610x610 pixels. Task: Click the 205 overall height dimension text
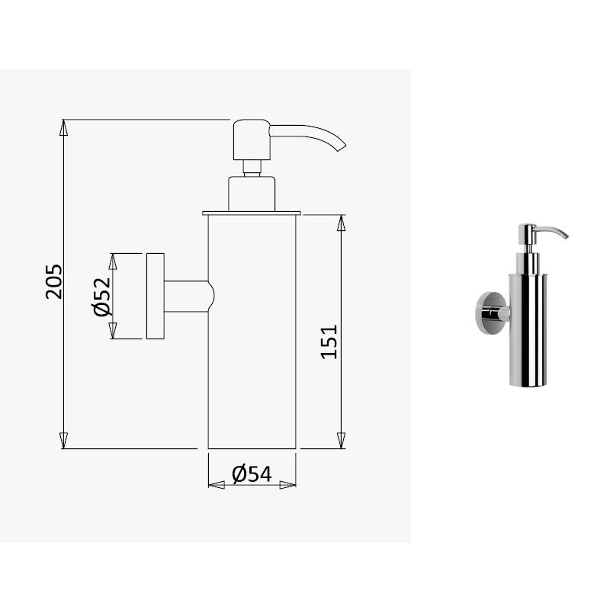click(53, 282)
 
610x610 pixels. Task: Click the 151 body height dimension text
click(329, 342)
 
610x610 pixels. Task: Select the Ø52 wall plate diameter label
click(102, 297)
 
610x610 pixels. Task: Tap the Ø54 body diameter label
click(252, 474)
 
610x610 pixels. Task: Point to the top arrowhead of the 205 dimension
click(63, 127)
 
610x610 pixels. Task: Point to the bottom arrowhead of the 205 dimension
click(63, 441)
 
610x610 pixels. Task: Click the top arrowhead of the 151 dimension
click(341, 223)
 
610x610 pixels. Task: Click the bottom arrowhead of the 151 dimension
click(341, 441)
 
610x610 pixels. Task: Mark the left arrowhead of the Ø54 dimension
click(217, 485)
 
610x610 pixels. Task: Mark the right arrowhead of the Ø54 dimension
click(288, 485)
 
